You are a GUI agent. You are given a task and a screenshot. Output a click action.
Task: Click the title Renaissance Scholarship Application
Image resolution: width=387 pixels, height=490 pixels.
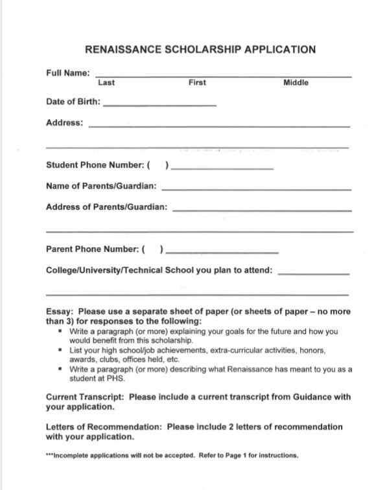(x=200, y=49)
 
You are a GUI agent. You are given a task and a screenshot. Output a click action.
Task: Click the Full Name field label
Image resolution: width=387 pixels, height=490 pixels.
(x=68, y=73)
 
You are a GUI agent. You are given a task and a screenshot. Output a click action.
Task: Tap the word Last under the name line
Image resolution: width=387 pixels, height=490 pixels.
(x=106, y=83)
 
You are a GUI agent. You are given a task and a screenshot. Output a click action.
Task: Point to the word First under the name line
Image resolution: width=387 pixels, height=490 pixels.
(x=197, y=83)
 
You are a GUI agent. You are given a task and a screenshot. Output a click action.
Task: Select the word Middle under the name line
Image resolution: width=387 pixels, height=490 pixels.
(x=296, y=83)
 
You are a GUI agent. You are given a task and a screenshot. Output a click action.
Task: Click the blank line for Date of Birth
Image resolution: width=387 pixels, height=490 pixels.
(x=159, y=105)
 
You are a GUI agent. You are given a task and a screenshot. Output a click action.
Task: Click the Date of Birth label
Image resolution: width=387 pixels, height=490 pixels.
(x=73, y=102)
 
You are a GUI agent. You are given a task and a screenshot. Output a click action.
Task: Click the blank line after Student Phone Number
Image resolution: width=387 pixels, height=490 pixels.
(x=222, y=168)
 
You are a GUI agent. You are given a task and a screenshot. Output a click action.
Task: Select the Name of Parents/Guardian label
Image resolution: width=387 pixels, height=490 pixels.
(x=101, y=186)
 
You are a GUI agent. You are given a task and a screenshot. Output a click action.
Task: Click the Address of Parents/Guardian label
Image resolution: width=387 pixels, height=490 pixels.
(x=106, y=207)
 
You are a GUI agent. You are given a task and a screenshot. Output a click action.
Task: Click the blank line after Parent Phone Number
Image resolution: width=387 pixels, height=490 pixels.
(x=222, y=252)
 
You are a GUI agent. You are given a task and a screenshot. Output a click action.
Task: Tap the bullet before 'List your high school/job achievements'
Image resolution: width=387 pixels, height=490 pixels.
(x=60, y=350)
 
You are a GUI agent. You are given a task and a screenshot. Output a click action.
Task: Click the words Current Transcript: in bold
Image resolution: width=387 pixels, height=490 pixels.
(x=85, y=397)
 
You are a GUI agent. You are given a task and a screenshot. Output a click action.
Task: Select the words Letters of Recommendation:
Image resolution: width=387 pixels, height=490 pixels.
(x=104, y=427)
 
